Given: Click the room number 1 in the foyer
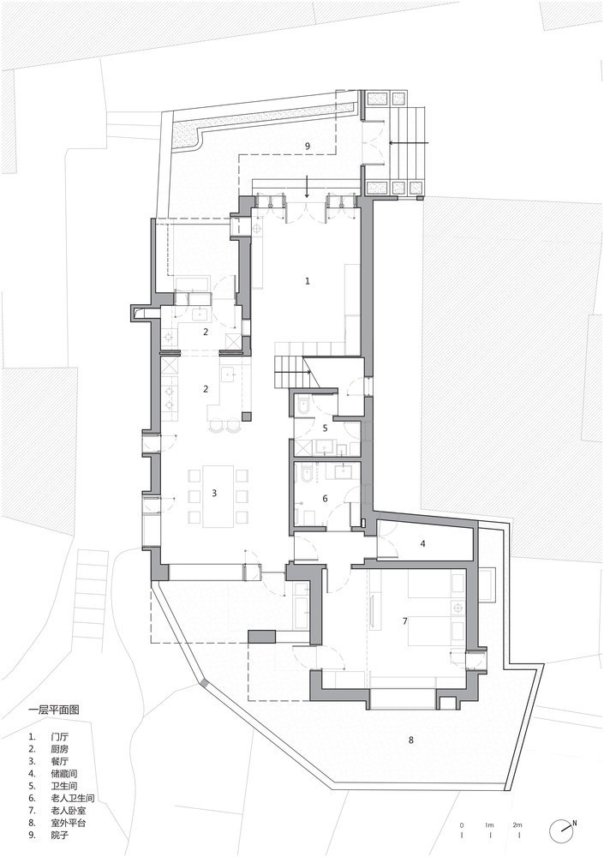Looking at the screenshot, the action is (308, 281).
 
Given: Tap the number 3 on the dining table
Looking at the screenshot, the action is (214, 493).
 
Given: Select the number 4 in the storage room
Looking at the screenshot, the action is (422, 543).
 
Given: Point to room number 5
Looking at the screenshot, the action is (325, 428).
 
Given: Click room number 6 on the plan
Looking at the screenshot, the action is (325, 499).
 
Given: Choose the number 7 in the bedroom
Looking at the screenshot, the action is (404, 620).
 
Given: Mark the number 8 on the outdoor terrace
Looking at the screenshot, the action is (410, 740).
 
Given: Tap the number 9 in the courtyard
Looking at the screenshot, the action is (308, 146).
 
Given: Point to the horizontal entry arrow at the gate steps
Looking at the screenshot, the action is (410, 142).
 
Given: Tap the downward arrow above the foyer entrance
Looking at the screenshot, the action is (308, 186).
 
